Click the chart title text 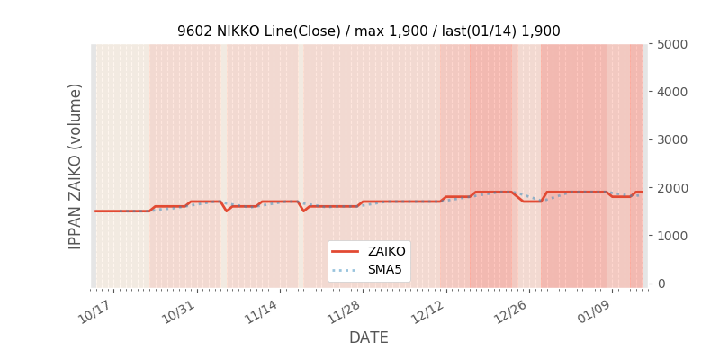tap(368, 31)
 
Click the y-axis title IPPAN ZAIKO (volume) tap(76, 166)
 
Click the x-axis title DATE tap(368, 337)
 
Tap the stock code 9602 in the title tap(193, 31)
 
